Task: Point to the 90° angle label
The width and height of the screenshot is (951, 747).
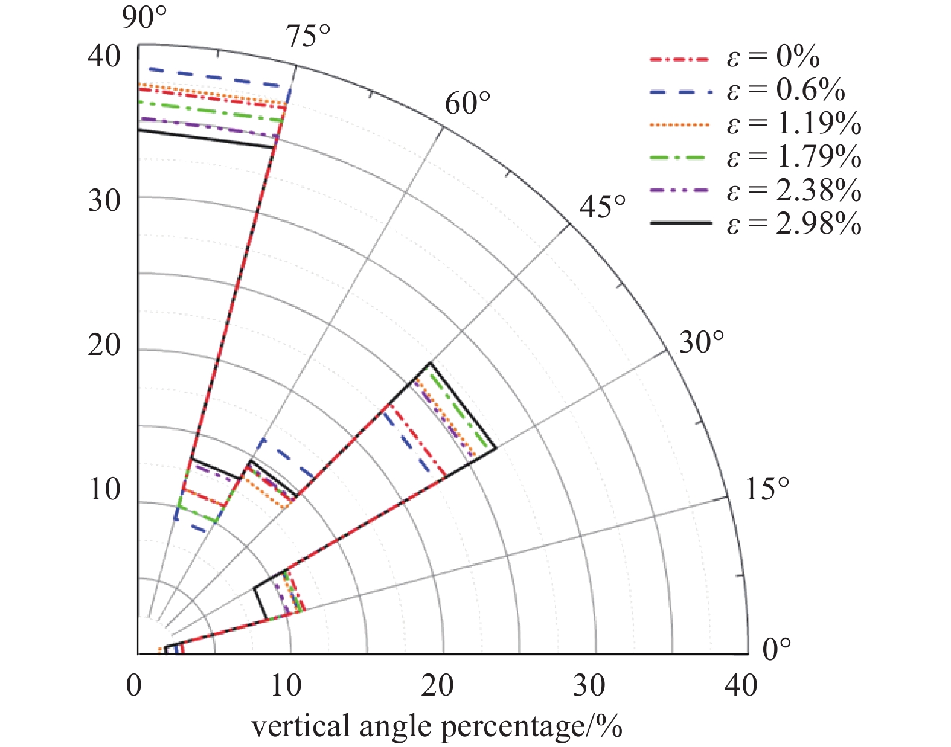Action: (x=144, y=18)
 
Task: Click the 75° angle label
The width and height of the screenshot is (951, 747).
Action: (x=309, y=37)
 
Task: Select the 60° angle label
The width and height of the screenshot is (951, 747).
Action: (x=467, y=104)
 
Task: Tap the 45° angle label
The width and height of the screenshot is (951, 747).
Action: (x=603, y=207)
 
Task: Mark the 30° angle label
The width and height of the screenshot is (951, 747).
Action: (x=701, y=343)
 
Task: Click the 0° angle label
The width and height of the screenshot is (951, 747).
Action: (x=776, y=649)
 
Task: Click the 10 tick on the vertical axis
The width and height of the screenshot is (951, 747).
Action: (x=104, y=489)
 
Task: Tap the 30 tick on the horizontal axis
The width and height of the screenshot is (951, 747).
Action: (x=589, y=686)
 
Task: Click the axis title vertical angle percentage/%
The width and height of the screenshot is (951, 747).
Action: (x=436, y=726)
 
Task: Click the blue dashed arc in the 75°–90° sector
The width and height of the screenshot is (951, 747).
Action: (x=217, y=76)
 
